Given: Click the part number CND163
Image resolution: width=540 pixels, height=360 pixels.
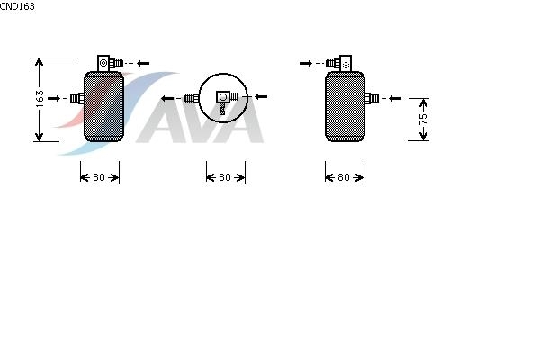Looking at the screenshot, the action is (x=17, y=6).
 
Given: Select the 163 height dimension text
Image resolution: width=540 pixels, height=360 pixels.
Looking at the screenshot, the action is (x=40, y=98).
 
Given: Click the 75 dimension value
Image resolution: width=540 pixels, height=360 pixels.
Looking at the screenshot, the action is (x=423, y=119).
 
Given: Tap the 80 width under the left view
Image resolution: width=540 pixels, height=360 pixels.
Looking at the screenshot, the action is (x=99, y=177).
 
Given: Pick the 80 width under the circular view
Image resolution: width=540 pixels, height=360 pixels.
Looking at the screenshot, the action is (x=225, y=177).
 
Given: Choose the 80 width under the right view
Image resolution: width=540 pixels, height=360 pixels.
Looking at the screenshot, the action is (x=344, y=177).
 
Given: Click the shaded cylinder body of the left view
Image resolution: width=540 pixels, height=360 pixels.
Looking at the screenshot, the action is (x=103, y=106).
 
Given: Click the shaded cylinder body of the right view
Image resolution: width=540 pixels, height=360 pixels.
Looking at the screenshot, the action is (x=345, y=106).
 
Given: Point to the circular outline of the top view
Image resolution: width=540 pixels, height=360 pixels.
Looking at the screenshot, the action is (x=223, y=98).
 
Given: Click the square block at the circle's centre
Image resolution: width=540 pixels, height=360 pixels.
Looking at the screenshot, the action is (x=223, y=97).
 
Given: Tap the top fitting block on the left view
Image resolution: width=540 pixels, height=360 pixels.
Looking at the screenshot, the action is (x=103, y=63).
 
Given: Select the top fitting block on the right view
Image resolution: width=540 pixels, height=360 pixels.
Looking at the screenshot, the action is (x=346, y=63).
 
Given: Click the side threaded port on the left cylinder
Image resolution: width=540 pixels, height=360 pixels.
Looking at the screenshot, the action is (x=77, y=98).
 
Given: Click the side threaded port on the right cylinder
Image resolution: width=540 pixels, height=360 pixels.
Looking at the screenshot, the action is (x=372, y=98).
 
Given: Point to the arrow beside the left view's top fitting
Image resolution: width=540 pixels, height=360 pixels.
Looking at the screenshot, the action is (x=143, y=63).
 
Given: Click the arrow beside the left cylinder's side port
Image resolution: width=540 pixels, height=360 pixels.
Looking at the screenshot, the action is (x=54, y=98).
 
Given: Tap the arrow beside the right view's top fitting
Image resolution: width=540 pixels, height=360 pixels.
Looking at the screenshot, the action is (x=306, y=63).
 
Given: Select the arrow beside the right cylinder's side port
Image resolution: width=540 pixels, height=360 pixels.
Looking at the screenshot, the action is (x=395, y=98).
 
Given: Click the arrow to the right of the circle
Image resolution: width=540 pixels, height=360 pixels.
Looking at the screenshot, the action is (x=261, y=97).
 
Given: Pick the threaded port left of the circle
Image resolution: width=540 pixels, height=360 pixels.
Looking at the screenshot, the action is (x=192, y=98).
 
